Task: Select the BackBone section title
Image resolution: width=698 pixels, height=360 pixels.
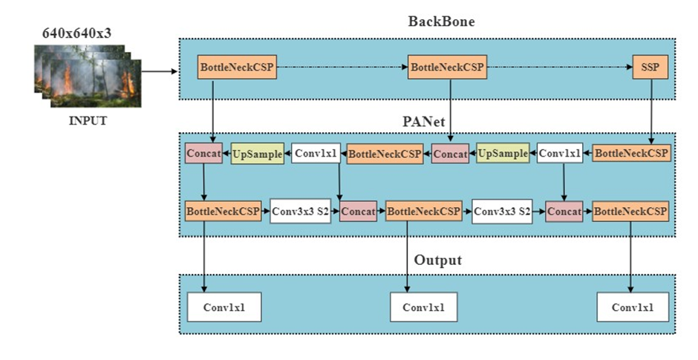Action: pyautogui.click(x=441, y=22)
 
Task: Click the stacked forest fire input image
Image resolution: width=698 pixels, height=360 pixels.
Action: pyautogui.click(x=88, y=76)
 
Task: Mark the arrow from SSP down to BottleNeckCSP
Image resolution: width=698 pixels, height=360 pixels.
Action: pyautogui.click(x=651, y=111)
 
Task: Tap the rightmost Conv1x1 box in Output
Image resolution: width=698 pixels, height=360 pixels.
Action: pyautogui.click(x=632, y=307)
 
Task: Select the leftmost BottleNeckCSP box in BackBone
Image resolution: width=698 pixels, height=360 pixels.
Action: pyautogui.click(x=237, y=68)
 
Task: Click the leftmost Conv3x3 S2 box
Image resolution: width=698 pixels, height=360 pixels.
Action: pyautogui.click(x=301, y=212)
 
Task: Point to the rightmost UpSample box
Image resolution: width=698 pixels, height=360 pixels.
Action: pyautogui.click(x=502, y=154)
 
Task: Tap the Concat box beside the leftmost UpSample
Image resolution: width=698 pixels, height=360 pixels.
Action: pyautogui.click(x=204, y=154)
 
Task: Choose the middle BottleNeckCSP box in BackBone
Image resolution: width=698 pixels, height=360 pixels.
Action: pyautogui.click(x=448, y=68)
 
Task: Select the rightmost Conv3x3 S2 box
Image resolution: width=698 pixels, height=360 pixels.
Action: pyautogui.click(x=503, y=212)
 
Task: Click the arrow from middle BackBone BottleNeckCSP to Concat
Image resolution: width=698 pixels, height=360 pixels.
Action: pyautogui.click(x=451, y=111)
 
